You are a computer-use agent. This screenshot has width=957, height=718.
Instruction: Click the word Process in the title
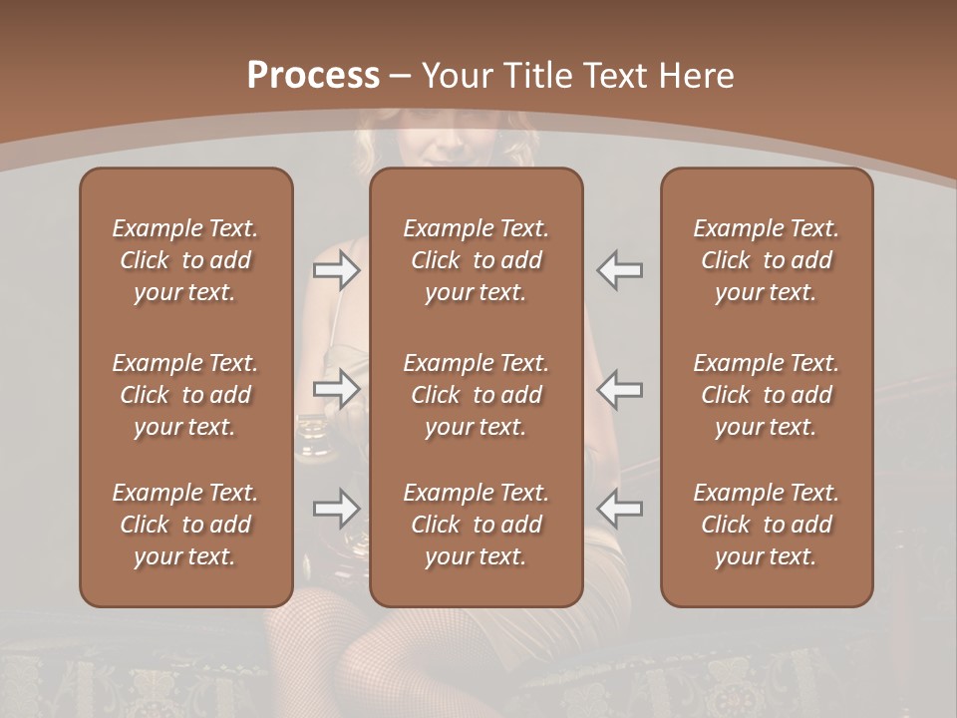pyautogui.click(x=313, y=76)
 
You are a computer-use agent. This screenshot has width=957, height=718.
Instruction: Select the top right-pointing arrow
pyautogui.click(x=336, y=269)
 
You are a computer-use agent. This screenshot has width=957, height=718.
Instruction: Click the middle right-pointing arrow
pyautogui.click(x=336, y=389)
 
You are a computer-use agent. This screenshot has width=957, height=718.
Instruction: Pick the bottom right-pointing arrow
pyautogui.click(x=336, y=509)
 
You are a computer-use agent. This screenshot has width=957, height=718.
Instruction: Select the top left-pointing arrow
pyautogui.click(x=620, y=269)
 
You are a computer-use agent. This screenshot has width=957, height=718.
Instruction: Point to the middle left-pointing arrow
pyautogui.click(x=620, y=389)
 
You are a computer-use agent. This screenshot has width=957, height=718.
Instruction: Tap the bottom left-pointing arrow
pyautogui.click(x=620, y=509)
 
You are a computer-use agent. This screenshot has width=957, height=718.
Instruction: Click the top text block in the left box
pyautogui.click(x=185, y=260)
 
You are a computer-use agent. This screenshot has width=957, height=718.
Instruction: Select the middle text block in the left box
pyautogui.click(x=185, y=395)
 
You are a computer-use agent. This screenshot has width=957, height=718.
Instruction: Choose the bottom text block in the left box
pyautogui.click(x=185, y=525)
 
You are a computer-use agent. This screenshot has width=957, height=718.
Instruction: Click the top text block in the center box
pyautogui.click(x=477, y=260)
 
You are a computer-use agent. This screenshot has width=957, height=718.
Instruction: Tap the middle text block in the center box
pyautogui.click(x=477, y=395)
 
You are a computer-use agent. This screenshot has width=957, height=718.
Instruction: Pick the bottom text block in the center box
pyautogui.click(x=477, y=525)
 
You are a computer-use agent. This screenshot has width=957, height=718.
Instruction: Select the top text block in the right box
pyautogui.click(x=767, y=260)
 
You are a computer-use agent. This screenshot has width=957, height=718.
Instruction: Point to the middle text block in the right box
pyautogui.click(x=767, y=395)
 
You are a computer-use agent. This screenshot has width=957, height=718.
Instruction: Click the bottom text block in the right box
pyautogui.click(x=767, y=525)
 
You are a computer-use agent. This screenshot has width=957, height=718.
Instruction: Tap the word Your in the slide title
pyautogui.click(x=456, y=76)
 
